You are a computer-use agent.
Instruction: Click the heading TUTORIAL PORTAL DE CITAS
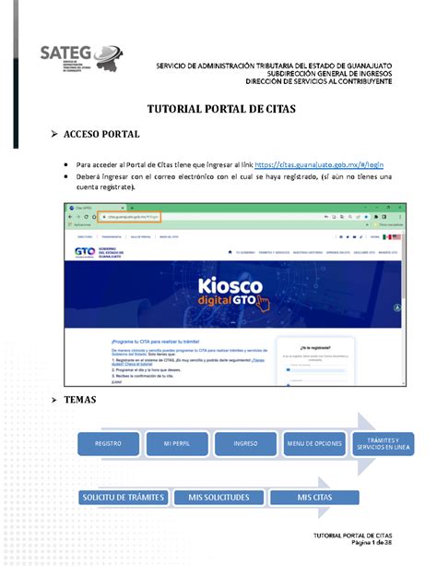click(218, 109)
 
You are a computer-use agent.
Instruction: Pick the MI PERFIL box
click(176, 443)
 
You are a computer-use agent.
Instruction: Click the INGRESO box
click(244, 443)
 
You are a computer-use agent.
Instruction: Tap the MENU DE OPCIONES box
click(313, 443)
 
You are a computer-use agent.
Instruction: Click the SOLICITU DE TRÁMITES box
click(123, 498)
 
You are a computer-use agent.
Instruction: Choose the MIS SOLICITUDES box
click(218, 498)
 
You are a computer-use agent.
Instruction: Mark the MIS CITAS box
click(315, 498)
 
